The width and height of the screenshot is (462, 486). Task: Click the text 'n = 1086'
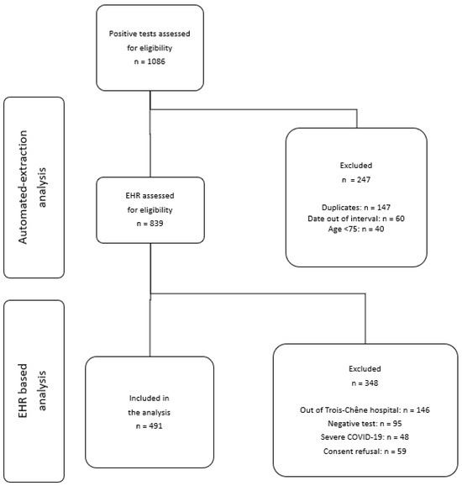(149, 61)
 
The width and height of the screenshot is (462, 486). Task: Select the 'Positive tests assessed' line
(149, 34)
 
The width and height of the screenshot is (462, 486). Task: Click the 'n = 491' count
(149, 426)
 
